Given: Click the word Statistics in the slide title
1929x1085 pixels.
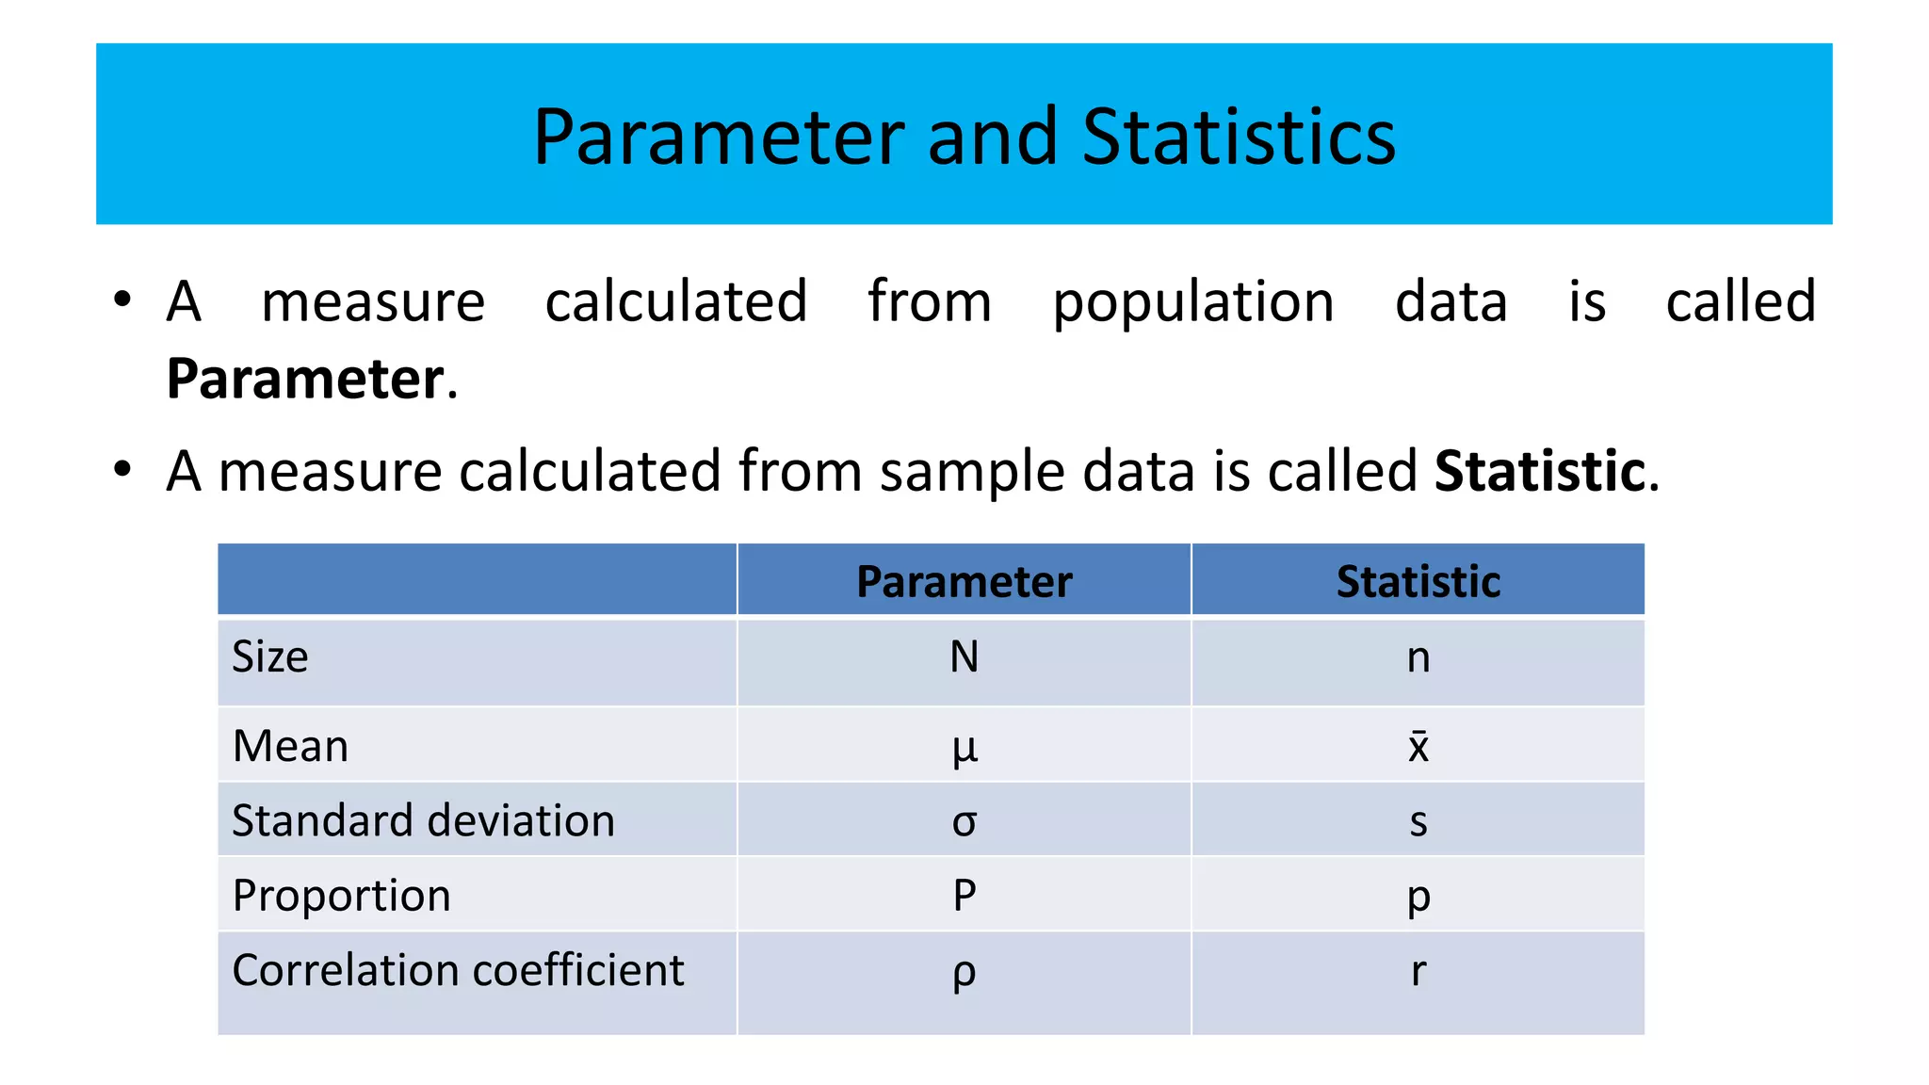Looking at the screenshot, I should point(1239,138).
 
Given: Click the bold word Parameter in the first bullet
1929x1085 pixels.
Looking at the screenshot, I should point(304,380).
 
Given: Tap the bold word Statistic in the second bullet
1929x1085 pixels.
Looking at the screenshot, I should point(1539,471).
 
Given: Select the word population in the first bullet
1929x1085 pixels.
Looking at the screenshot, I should point(1192,303).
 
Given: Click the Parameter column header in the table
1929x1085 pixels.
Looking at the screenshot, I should point(964,581).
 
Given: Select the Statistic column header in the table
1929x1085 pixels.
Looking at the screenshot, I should point(1418,581).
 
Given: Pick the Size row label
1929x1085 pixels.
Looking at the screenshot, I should point(270,656).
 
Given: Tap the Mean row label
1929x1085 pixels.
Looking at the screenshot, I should point(290,746).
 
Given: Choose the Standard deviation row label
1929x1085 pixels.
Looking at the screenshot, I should point(423,820).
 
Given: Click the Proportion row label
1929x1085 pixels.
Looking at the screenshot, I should point(341,895).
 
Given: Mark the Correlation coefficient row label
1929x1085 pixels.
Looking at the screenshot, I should point(458,970).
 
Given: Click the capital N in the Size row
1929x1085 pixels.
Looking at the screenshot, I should point(964,656).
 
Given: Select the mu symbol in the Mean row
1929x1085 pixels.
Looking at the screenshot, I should point(964,749).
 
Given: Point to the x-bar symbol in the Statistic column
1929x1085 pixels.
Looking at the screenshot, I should point(1418,745).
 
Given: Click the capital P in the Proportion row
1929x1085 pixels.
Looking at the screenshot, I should point(964,895).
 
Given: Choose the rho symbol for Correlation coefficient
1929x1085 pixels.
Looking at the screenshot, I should point(964,974).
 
